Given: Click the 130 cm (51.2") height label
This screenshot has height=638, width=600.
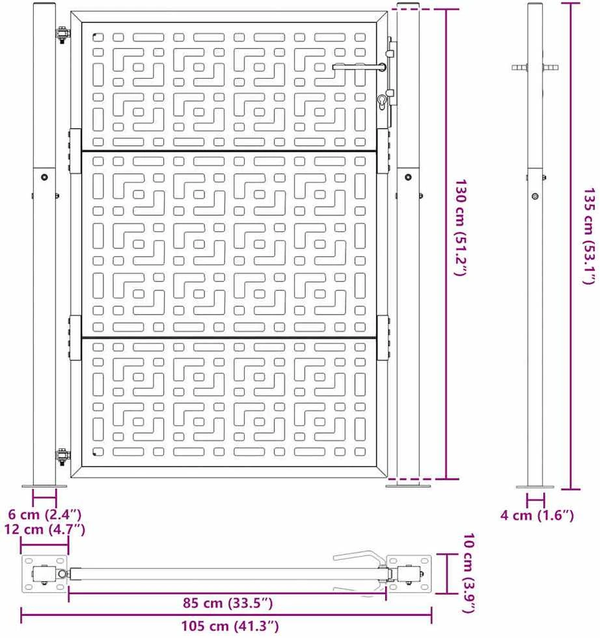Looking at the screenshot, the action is click(x=460, y=228).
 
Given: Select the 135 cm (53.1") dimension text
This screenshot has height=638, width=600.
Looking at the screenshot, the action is click(x=590, y=236).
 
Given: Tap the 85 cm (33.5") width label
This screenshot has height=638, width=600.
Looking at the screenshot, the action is click(x=228, y=603).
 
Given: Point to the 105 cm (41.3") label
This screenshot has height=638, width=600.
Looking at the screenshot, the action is click(x=230, y=626).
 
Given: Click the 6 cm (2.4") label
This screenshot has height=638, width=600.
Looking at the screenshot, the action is click(x=45, y=514).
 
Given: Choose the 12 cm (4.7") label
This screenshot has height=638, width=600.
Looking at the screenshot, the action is click(x=45, y=529).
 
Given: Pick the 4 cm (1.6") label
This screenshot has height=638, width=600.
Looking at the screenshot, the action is click(x=537, y=515).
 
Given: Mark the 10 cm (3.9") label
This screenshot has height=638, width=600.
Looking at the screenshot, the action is click(x=469, y=573).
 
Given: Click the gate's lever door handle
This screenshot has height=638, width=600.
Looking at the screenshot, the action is click(x=359, y=67).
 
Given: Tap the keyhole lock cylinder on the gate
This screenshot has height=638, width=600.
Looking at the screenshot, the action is click(x=382, y=102).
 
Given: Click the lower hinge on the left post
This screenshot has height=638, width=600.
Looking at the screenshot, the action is click(x=62, y=457).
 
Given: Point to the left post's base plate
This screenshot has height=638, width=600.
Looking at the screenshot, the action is click(x=44, y=486).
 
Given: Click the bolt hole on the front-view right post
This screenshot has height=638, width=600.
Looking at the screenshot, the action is click(x=408, y=177).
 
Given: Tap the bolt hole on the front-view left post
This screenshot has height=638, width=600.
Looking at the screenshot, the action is click(x=44, y=177).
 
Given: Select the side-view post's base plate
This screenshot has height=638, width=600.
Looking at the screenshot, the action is click(x=535, y=487).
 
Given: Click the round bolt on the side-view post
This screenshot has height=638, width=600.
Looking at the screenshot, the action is click(x=535, y=196).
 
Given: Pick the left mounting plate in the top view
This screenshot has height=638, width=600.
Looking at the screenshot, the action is click(x=45, y=573).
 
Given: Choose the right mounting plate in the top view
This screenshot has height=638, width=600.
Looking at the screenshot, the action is click(x=409, y=573).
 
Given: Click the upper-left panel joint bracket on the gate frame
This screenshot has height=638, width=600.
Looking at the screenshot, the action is click(x=75, y=151).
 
